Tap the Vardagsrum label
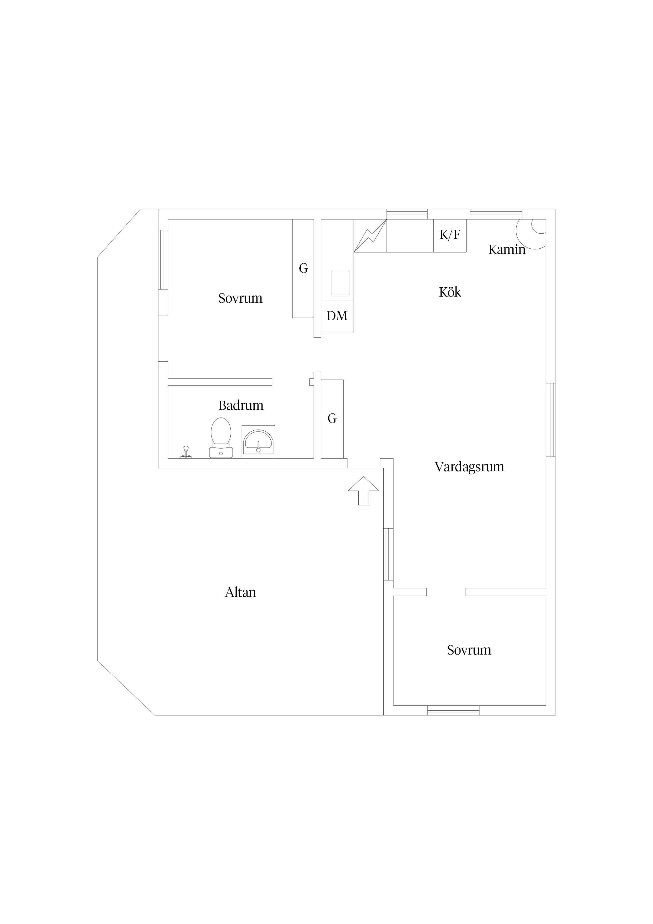(x=469, y=467)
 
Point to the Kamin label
(x=507, y=249)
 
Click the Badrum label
(x=241, y=405)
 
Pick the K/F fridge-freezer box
(x=450, y=236)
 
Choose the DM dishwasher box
(x=337, y=316)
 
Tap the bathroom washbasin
(x=258, y=442)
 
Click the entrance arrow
(x=364, y=490)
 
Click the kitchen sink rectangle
(x=340, y=283)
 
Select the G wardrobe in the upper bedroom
(x=303, y=268)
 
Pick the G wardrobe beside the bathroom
(x=332, y=419)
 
